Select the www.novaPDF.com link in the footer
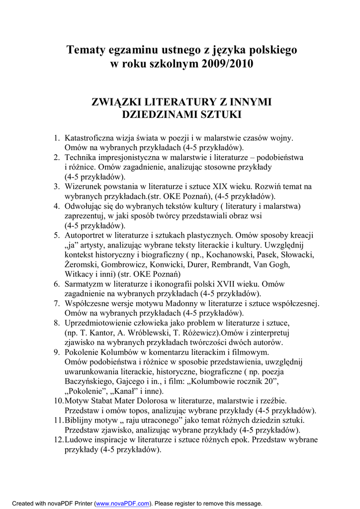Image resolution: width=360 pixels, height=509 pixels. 122,503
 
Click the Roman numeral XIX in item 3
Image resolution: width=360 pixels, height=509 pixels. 222,186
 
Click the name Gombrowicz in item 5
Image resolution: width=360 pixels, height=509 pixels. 122,264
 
